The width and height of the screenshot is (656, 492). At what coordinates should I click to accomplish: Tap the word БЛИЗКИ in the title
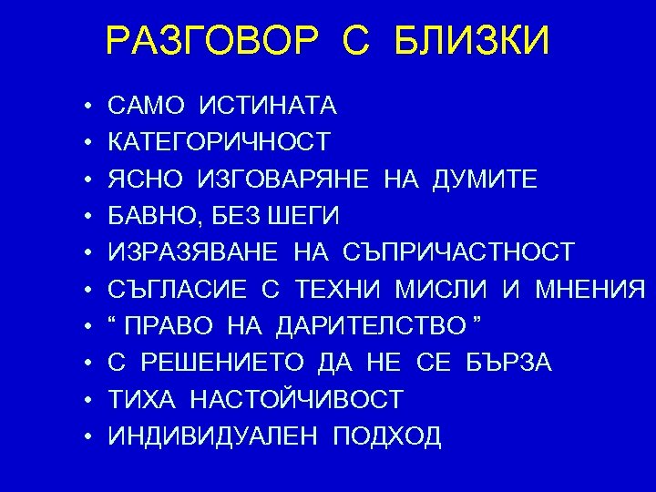473,41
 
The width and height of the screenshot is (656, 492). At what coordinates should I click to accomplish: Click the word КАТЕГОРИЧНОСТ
220,142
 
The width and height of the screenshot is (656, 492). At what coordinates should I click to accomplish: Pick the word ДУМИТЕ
485,179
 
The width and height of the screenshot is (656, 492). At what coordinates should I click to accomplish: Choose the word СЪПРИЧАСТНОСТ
459,252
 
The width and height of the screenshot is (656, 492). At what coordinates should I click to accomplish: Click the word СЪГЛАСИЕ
178,290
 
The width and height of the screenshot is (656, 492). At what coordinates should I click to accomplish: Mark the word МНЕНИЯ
591,290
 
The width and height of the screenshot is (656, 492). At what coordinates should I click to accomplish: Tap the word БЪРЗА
508,363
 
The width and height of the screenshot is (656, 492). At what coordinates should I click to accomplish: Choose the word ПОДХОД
387,436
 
